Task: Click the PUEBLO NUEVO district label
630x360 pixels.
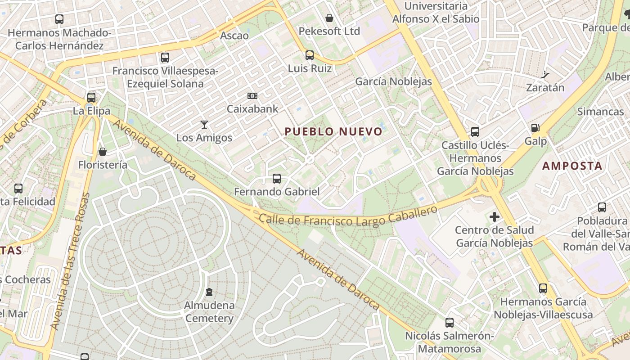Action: (x=333, y=131)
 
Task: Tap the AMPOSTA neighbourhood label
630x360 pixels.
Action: (x=572, y=166)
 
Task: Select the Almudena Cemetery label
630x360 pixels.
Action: (x=209, y=312)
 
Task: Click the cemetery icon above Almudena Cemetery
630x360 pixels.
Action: (x=209, y=292)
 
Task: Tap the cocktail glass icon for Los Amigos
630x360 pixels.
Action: (x=204, y=124)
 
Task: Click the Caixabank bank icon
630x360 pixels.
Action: (x=252, y=96)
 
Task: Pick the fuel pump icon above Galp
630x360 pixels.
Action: (x=535, y=128)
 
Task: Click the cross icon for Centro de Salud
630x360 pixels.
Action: (x=495, y=217)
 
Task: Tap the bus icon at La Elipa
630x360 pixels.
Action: (x=91, y=97)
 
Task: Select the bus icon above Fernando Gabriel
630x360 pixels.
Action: (x=277, y=179)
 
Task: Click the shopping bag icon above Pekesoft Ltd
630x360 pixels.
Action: (x=329, y=18)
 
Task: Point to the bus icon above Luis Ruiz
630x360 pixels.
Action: (x=310, y=55)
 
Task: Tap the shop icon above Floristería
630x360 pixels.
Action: (x=103, y=152)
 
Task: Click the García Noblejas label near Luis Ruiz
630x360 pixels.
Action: (x=393, y=81)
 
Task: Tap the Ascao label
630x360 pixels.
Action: (x=234, y=35)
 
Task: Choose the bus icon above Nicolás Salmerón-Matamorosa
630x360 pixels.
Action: (x=449, y=323)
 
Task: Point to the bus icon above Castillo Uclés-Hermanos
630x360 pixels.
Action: (x=475, y=132)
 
